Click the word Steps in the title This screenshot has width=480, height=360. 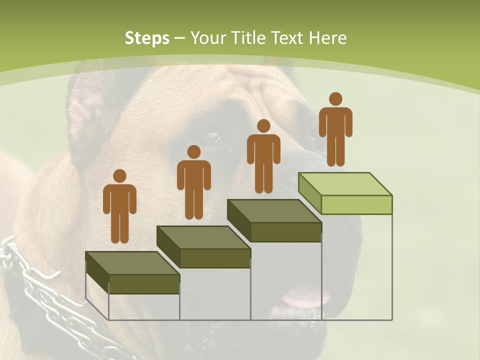pyautogui.click(x=146, y=38)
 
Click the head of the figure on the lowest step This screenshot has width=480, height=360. pyautogui.click(x=119, y=176)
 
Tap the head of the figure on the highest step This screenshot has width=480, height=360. pyautogui.click(x=335, y=99)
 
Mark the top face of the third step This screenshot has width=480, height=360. pyautogui.click(x=274, y=210)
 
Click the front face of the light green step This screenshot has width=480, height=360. pyautogui.click(x=356, y=204)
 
